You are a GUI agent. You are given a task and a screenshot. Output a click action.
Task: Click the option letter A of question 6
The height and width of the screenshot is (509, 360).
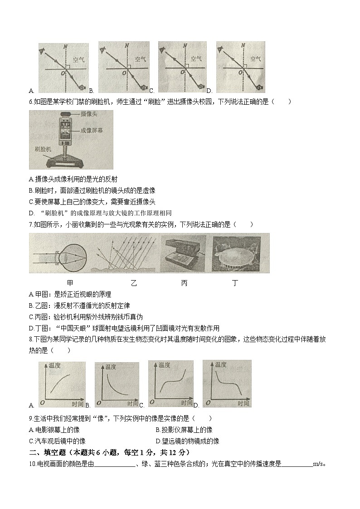30,179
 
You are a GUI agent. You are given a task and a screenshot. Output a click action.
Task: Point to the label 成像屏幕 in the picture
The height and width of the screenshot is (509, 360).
91,130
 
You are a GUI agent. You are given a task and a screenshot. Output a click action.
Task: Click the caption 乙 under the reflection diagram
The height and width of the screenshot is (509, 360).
133,284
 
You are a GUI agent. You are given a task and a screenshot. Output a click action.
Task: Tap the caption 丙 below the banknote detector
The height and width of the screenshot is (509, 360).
184,284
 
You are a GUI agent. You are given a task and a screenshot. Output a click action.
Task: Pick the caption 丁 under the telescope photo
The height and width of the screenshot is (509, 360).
234,284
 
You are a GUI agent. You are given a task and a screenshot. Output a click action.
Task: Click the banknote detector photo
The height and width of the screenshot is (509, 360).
184,254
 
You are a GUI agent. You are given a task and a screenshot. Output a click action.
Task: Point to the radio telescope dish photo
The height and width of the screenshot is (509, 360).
240,254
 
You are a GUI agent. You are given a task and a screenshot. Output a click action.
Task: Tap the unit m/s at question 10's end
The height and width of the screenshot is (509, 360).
319,464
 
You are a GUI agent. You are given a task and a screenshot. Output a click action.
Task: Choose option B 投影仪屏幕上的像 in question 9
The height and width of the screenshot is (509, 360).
184,430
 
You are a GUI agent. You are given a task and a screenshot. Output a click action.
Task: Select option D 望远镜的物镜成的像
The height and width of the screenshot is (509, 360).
187,441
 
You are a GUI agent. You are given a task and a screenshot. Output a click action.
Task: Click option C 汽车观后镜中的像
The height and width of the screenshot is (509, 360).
57,441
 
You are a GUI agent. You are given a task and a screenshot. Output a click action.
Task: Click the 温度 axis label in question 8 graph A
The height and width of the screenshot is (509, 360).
54,365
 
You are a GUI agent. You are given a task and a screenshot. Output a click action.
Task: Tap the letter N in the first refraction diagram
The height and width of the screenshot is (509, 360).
65,46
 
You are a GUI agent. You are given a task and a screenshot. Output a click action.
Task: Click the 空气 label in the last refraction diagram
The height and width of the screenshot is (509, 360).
255,59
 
